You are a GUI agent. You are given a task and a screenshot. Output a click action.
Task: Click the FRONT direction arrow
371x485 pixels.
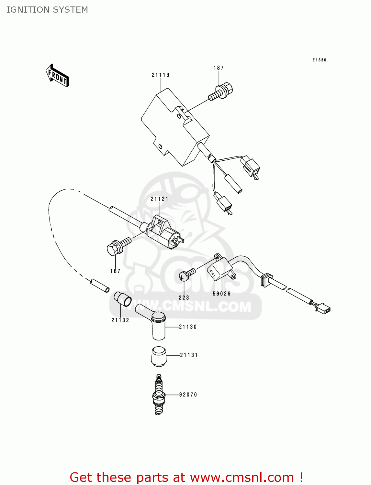point(57,76)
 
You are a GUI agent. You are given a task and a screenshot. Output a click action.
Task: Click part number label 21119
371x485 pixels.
point(161,75)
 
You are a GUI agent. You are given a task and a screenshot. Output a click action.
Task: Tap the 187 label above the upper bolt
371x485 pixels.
point(219,68)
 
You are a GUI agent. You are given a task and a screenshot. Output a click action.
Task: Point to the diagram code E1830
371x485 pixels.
point(319,60)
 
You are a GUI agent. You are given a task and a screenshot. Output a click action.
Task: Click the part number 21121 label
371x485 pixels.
point(159,199)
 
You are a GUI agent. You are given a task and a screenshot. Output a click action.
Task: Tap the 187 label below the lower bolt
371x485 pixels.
point(115,271)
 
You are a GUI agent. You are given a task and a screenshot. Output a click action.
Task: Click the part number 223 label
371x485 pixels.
point(184,298)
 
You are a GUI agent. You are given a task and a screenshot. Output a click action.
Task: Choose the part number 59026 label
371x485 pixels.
point(222,294)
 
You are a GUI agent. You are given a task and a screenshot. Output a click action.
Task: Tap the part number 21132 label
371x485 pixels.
point(120,320)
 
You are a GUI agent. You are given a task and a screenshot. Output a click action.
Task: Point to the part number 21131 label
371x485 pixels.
point(189,355)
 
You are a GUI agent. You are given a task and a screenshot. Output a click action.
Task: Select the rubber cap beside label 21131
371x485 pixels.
point(159,356)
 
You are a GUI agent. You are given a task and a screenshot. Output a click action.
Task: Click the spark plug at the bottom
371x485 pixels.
point(158,394)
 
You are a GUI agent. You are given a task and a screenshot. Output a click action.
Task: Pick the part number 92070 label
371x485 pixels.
point(188,395)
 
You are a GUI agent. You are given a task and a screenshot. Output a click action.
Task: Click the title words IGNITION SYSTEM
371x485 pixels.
point(47,10)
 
